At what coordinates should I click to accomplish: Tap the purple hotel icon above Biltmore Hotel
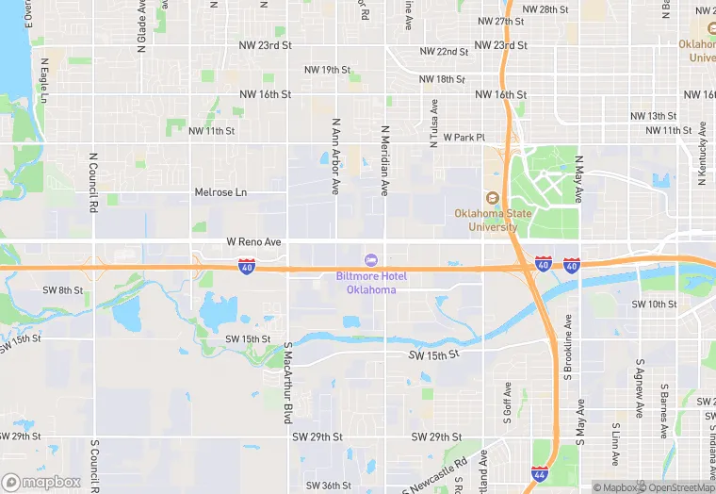click(372, 260)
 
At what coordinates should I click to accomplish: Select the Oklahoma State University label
click(493, 220)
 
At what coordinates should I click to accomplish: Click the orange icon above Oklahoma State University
click(491, 198)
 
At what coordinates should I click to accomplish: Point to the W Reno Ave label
click(254, 242)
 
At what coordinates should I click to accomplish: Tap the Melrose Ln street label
click(220, 192)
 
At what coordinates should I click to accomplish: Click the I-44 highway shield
click(539, 473)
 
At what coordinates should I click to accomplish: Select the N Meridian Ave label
click(384, 160)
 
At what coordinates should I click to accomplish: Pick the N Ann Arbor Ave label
click(335, 156)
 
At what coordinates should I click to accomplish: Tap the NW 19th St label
click(327, 70)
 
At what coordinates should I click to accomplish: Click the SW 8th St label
click(64, 289)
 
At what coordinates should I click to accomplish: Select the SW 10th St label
click(654, 304)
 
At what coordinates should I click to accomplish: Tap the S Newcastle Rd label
click(434, 476)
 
